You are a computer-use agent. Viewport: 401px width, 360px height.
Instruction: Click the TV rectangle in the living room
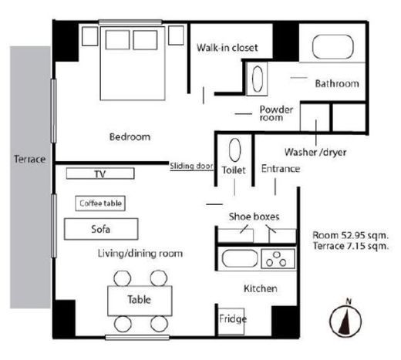coord(100,173)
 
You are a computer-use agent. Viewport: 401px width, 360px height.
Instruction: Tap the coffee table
coord(100,204)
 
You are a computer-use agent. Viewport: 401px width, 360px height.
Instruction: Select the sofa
coord(101,229)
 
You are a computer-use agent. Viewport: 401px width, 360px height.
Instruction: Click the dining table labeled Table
coord(140,301)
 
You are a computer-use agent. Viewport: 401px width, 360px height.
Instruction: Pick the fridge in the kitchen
coord(231,321)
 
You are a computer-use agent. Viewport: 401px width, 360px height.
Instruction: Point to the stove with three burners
coord(278,259)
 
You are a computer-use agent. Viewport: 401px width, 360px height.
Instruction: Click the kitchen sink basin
coord(240,258)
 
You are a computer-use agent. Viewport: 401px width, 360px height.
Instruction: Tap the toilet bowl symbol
coord(234,150)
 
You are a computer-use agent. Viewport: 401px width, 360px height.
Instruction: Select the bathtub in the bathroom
coord(332,47)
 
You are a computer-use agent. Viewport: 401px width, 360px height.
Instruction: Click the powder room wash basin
coord(258,79)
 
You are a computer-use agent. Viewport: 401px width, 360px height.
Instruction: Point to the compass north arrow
coord(345,321)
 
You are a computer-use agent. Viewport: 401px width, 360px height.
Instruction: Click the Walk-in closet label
coord(227,48)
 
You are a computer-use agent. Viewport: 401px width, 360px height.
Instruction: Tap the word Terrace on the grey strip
coord(30,159)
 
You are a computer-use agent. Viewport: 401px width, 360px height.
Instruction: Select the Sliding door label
coord(191,166)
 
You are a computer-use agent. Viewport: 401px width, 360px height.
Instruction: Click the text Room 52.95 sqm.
coord(351,235)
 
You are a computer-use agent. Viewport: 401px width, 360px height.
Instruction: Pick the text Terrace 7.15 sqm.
coord(351,246)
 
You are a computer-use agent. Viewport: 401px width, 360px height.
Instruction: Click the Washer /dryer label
coord(315,152)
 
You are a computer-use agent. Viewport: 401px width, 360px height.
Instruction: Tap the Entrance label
coord(281,169)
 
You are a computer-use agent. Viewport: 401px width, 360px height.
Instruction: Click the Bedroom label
coord(130,136)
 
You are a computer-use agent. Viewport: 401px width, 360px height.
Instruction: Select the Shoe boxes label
coord(254,217)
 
